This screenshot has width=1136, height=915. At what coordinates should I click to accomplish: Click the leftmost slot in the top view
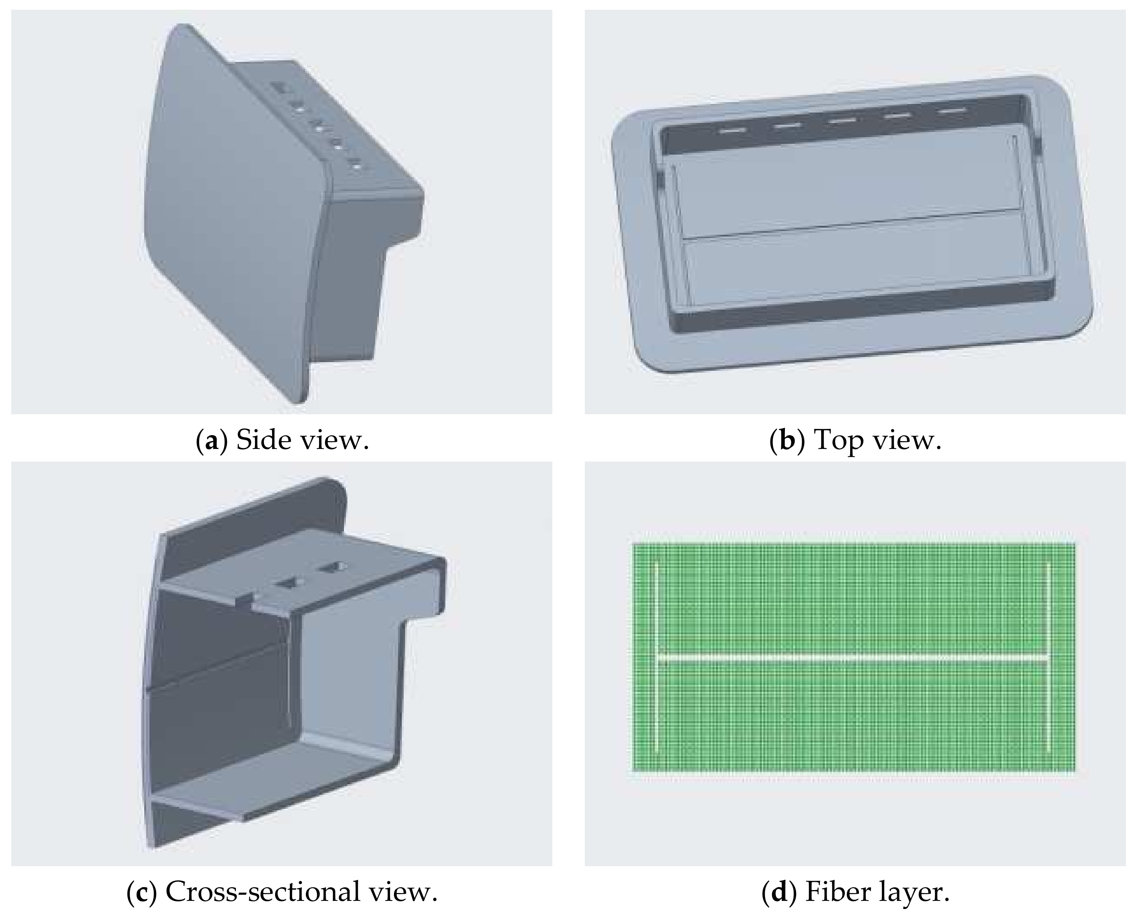[732, 130]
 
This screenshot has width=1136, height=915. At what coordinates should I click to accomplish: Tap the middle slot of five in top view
[842, 120]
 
